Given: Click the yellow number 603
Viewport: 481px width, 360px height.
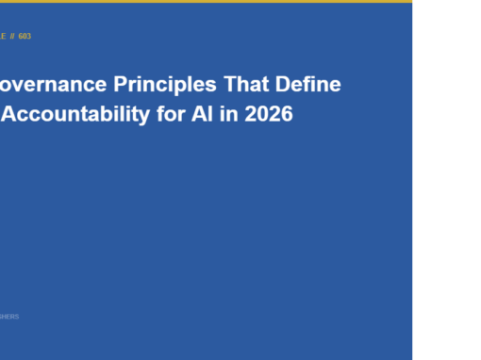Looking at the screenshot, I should (25, 36).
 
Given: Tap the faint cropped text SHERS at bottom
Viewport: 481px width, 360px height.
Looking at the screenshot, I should (8, 317).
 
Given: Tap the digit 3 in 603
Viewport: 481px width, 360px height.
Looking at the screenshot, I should (29, 36).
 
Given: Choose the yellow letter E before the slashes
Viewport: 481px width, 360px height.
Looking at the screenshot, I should (2, 36).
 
